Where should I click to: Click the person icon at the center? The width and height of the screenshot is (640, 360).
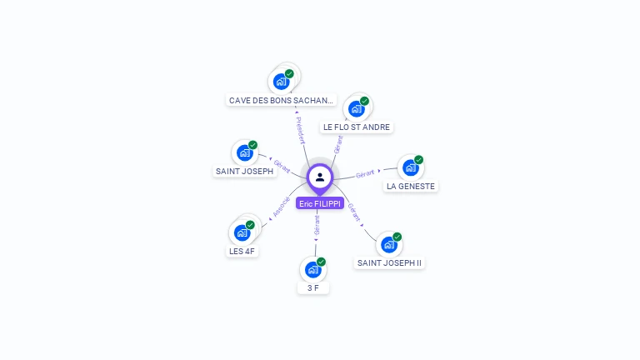[320, 177]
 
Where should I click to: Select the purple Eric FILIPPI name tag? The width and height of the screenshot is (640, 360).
[320, 203]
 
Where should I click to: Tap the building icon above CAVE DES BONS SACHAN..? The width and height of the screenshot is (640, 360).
[281, 82]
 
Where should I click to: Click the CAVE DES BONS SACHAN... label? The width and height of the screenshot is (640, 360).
[282, 101]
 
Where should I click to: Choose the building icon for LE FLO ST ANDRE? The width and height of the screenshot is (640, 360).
[357, 108]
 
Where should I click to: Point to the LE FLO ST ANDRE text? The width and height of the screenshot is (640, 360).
[357, 127]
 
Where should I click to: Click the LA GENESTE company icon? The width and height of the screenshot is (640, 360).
[410, 167]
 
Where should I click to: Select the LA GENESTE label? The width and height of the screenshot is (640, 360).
[411, 187]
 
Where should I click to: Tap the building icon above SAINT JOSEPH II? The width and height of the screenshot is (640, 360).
[388, 244]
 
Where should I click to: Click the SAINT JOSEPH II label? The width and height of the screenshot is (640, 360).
[389, 263]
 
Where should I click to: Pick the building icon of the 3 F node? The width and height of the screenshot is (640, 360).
[312, 269]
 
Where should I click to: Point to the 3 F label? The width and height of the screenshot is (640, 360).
[313, 288]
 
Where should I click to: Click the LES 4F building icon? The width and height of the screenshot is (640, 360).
[242, 232]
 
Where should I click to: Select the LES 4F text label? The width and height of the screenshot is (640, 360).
[242, 252]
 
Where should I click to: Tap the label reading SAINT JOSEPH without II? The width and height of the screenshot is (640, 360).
[244, 172]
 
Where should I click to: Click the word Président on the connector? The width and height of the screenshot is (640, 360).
[300, 130]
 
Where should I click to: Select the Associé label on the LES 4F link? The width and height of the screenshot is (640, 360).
[281, 207]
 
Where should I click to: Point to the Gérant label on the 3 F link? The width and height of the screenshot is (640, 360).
[317, 225]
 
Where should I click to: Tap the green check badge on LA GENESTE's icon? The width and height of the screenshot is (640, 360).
[418, 160]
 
